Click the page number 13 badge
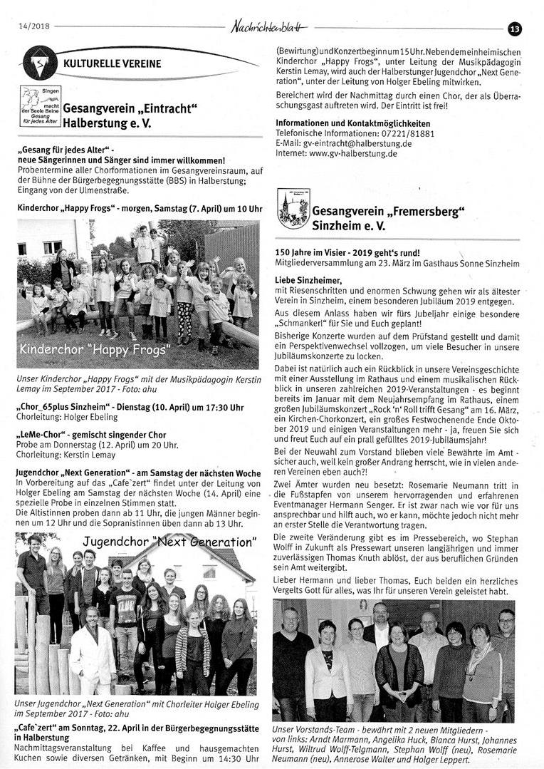(515, 29)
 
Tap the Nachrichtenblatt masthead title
(269, 27)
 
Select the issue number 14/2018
(33, 27)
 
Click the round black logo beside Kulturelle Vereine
(40, 62)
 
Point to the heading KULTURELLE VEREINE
(112, 63)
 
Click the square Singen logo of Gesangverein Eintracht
(40, 106)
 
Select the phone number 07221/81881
(415, 133)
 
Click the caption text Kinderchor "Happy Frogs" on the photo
(95, 350)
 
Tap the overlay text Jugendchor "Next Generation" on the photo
(169, 542)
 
